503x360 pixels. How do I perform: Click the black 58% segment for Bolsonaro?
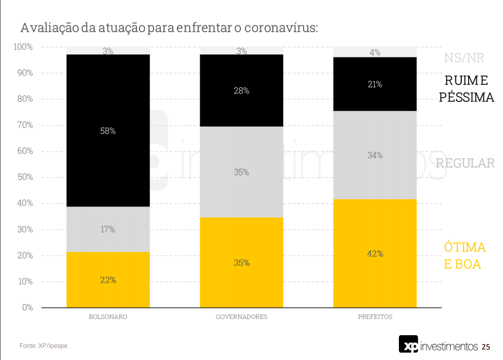coord(108,130)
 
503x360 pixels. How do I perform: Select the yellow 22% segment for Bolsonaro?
coord(108,280)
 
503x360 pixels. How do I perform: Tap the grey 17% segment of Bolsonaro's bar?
coord(108,229)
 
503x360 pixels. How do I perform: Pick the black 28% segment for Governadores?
coord(241,90)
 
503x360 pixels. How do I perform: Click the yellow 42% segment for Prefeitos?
coord(375,253)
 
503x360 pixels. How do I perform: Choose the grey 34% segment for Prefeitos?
coord(375,155)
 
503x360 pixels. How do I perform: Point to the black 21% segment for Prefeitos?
coord(375,84)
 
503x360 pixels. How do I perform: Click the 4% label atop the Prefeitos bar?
coord(375,52)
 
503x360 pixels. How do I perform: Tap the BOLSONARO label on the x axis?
coord(108,317)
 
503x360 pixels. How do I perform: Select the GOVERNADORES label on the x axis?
coord(241,317)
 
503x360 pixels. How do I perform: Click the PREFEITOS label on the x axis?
coord(375,317)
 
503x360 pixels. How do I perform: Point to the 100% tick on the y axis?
coord(23,47)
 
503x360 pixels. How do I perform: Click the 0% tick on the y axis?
coord(27,307)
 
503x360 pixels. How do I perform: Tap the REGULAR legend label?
coord(465,163)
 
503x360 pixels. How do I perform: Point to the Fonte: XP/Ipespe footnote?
coord(44,346)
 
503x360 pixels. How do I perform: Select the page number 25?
coord(486,347)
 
